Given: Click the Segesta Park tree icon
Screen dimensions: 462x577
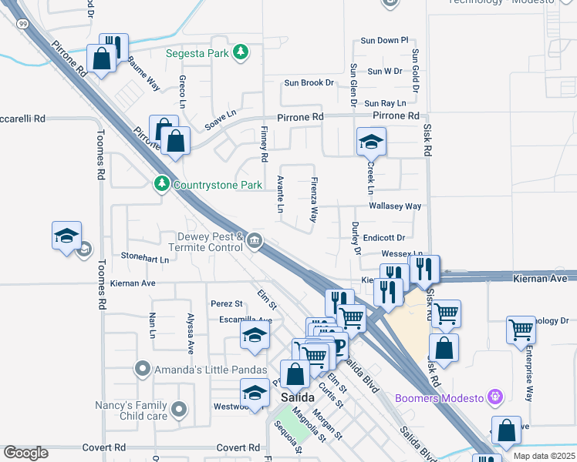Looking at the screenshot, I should click(241, 52).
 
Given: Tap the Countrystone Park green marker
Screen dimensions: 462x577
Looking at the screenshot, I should click(161, 184).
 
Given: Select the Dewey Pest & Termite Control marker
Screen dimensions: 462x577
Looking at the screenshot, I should click(254, 243).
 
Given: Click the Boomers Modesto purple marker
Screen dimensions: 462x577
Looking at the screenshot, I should click(495, 397).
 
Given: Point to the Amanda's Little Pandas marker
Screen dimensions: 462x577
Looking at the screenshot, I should click(141, 369).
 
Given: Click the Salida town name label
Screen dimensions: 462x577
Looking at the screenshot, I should click(297, 397).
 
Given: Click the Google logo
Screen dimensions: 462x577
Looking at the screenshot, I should click(25, 453).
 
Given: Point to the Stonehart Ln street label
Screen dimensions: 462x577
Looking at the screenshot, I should click(144, 259).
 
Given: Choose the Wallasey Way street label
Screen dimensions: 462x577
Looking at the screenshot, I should click(395, 206).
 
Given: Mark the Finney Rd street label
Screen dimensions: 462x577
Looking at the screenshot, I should click(264, 144).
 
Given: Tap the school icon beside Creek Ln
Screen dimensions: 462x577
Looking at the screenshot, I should click(371, 142).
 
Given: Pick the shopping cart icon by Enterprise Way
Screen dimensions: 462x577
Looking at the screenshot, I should click(521, 330).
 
